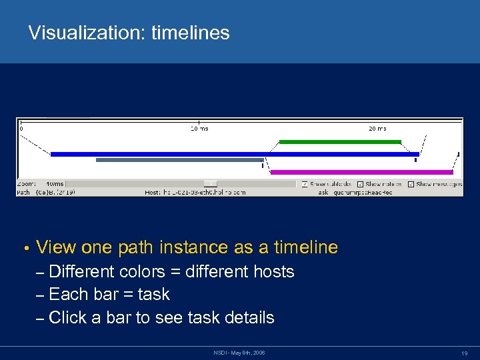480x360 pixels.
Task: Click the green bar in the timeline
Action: point(340,142)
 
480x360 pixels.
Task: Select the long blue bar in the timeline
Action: point(233,154)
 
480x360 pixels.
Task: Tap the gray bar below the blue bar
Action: point(179,160)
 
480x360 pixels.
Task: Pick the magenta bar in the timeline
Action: point(361,172)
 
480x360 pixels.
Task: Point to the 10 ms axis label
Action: point(199,129)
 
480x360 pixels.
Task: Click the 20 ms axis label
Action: point(377,129)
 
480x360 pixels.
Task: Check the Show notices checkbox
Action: point(360,184)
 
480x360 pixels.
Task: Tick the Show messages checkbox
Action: point(411,184)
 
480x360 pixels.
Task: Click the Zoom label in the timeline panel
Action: point(25,184)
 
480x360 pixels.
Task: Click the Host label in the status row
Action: point(152,192)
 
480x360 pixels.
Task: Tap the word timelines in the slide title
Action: point(191,33)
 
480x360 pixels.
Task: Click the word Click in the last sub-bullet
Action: point(69,317)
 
